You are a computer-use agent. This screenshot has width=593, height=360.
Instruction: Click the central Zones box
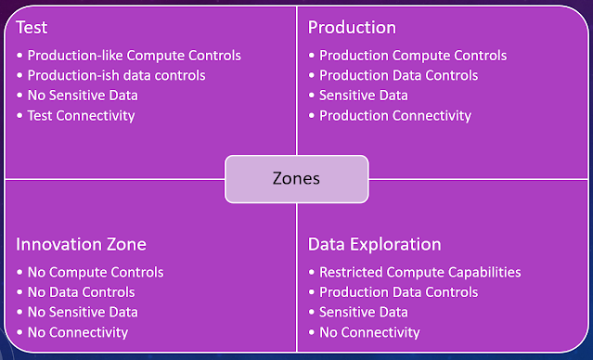tap(297, 179)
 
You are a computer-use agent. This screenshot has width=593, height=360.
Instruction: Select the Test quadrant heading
tap(32, 28)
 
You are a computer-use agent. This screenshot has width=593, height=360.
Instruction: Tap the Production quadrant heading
tap(352, 28)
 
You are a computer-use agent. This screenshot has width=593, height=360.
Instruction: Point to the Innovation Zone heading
tap(81, 244)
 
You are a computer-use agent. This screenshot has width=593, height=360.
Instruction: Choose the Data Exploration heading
tap(374, 245)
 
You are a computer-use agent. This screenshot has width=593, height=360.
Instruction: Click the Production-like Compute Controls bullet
tap(135, 56)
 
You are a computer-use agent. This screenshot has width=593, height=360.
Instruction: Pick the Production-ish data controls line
tap(117, 75)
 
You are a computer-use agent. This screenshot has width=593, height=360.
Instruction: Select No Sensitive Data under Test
tap(83, 96)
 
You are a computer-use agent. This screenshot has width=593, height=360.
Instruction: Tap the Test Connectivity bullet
tap(81, 115)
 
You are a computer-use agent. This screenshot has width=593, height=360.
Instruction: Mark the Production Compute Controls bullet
tap(413, 56)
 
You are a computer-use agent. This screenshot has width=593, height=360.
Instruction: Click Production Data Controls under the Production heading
tap(399, 75)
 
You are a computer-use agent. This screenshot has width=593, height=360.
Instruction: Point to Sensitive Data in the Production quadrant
tap(364, 96)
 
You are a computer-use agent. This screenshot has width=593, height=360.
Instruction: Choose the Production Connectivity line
tap(395, 115)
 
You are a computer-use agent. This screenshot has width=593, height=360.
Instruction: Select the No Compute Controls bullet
tap(96, 272)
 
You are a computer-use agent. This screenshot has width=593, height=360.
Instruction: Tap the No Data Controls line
tap(82, 292)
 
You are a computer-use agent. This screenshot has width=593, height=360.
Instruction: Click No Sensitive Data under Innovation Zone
tap(83, 313)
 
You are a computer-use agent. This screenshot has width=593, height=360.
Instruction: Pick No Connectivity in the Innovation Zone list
tap(78, 332)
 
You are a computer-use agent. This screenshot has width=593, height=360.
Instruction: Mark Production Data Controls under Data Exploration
tap(399, 292)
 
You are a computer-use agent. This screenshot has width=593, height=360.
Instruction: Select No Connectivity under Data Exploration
tap(369, 332)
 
